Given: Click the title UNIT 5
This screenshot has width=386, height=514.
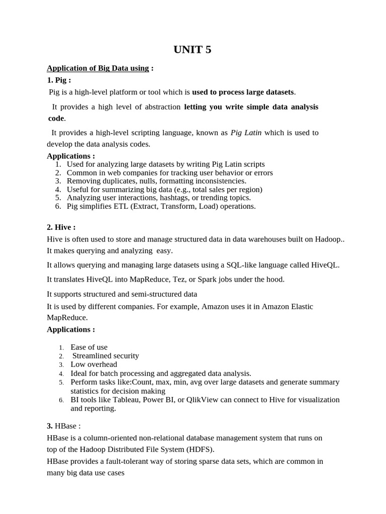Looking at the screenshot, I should (192, 49).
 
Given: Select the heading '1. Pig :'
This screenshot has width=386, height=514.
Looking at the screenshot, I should (59, 80).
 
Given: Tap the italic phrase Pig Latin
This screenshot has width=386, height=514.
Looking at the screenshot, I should (246, 133).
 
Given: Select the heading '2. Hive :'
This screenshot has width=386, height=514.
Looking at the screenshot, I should (61, 227).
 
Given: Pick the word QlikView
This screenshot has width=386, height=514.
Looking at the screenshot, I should (204, 400).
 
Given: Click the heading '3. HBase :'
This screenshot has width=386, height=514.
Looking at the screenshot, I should (63, 426).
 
